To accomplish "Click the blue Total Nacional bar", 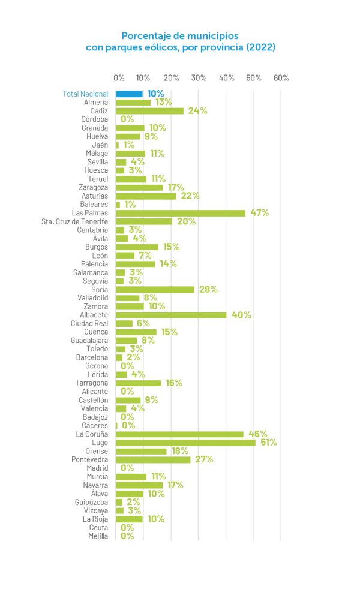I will (129, 94).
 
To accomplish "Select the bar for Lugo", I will (185, 443).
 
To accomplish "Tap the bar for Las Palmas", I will (181, 213).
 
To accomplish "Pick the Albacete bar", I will (171, 315).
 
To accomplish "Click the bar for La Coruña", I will (179, 434).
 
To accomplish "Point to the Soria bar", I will (155, 289).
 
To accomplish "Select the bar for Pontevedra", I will (153, 459).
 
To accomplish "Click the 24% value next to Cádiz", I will (197, 111).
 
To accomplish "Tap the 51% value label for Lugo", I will (268, 443).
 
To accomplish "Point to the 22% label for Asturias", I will (190, 196).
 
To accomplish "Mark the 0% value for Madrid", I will (127, 468).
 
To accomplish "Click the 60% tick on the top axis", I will (281, 78).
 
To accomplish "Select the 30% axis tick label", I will (199, 78).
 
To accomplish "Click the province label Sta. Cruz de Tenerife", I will (74, 221).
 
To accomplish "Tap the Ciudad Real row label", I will (89, 323).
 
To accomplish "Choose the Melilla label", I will (98, 536).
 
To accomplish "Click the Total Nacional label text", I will (86, 94).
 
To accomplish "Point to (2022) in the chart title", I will (260, 47).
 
